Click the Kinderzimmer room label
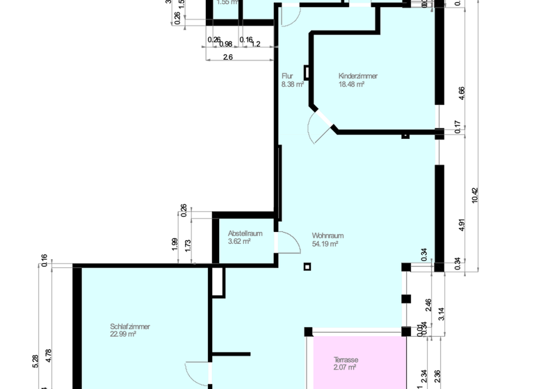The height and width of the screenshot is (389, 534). coord(357,76)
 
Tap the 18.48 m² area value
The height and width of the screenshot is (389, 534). coord(351,84)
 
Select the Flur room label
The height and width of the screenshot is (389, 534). coord(287,76)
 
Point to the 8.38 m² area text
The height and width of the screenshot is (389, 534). coord(293,84)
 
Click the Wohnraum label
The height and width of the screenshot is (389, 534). coord(327,235)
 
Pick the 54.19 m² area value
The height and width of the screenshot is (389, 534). coord(325,244)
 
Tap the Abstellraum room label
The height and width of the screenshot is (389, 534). coord(245,234)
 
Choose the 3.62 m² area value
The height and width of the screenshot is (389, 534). coord(238,242)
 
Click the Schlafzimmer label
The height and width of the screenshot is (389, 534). coord(130,326)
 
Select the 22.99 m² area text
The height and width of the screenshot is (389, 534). coord(122,334)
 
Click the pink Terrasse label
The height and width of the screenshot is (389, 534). coord(346,360)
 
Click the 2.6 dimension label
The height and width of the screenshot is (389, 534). coord(227,58)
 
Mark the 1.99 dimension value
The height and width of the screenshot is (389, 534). coord(175,245)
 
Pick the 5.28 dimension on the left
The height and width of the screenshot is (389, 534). coord(35,361)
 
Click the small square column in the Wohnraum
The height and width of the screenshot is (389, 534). coord(307,266)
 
